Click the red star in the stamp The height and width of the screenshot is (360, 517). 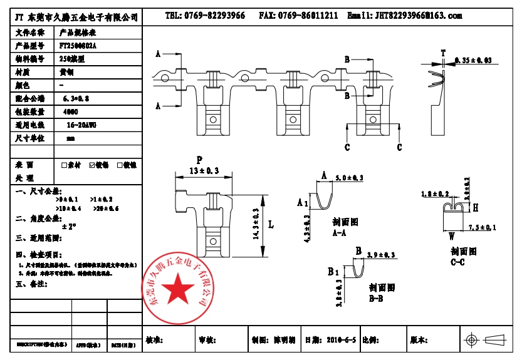179,291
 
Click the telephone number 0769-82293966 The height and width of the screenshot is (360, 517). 214,16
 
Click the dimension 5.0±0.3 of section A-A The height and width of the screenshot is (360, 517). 350,179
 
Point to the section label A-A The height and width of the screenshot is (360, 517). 340,233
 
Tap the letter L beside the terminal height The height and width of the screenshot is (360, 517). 270,224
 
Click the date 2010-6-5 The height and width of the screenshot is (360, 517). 341,341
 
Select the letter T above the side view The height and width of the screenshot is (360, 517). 443,53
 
